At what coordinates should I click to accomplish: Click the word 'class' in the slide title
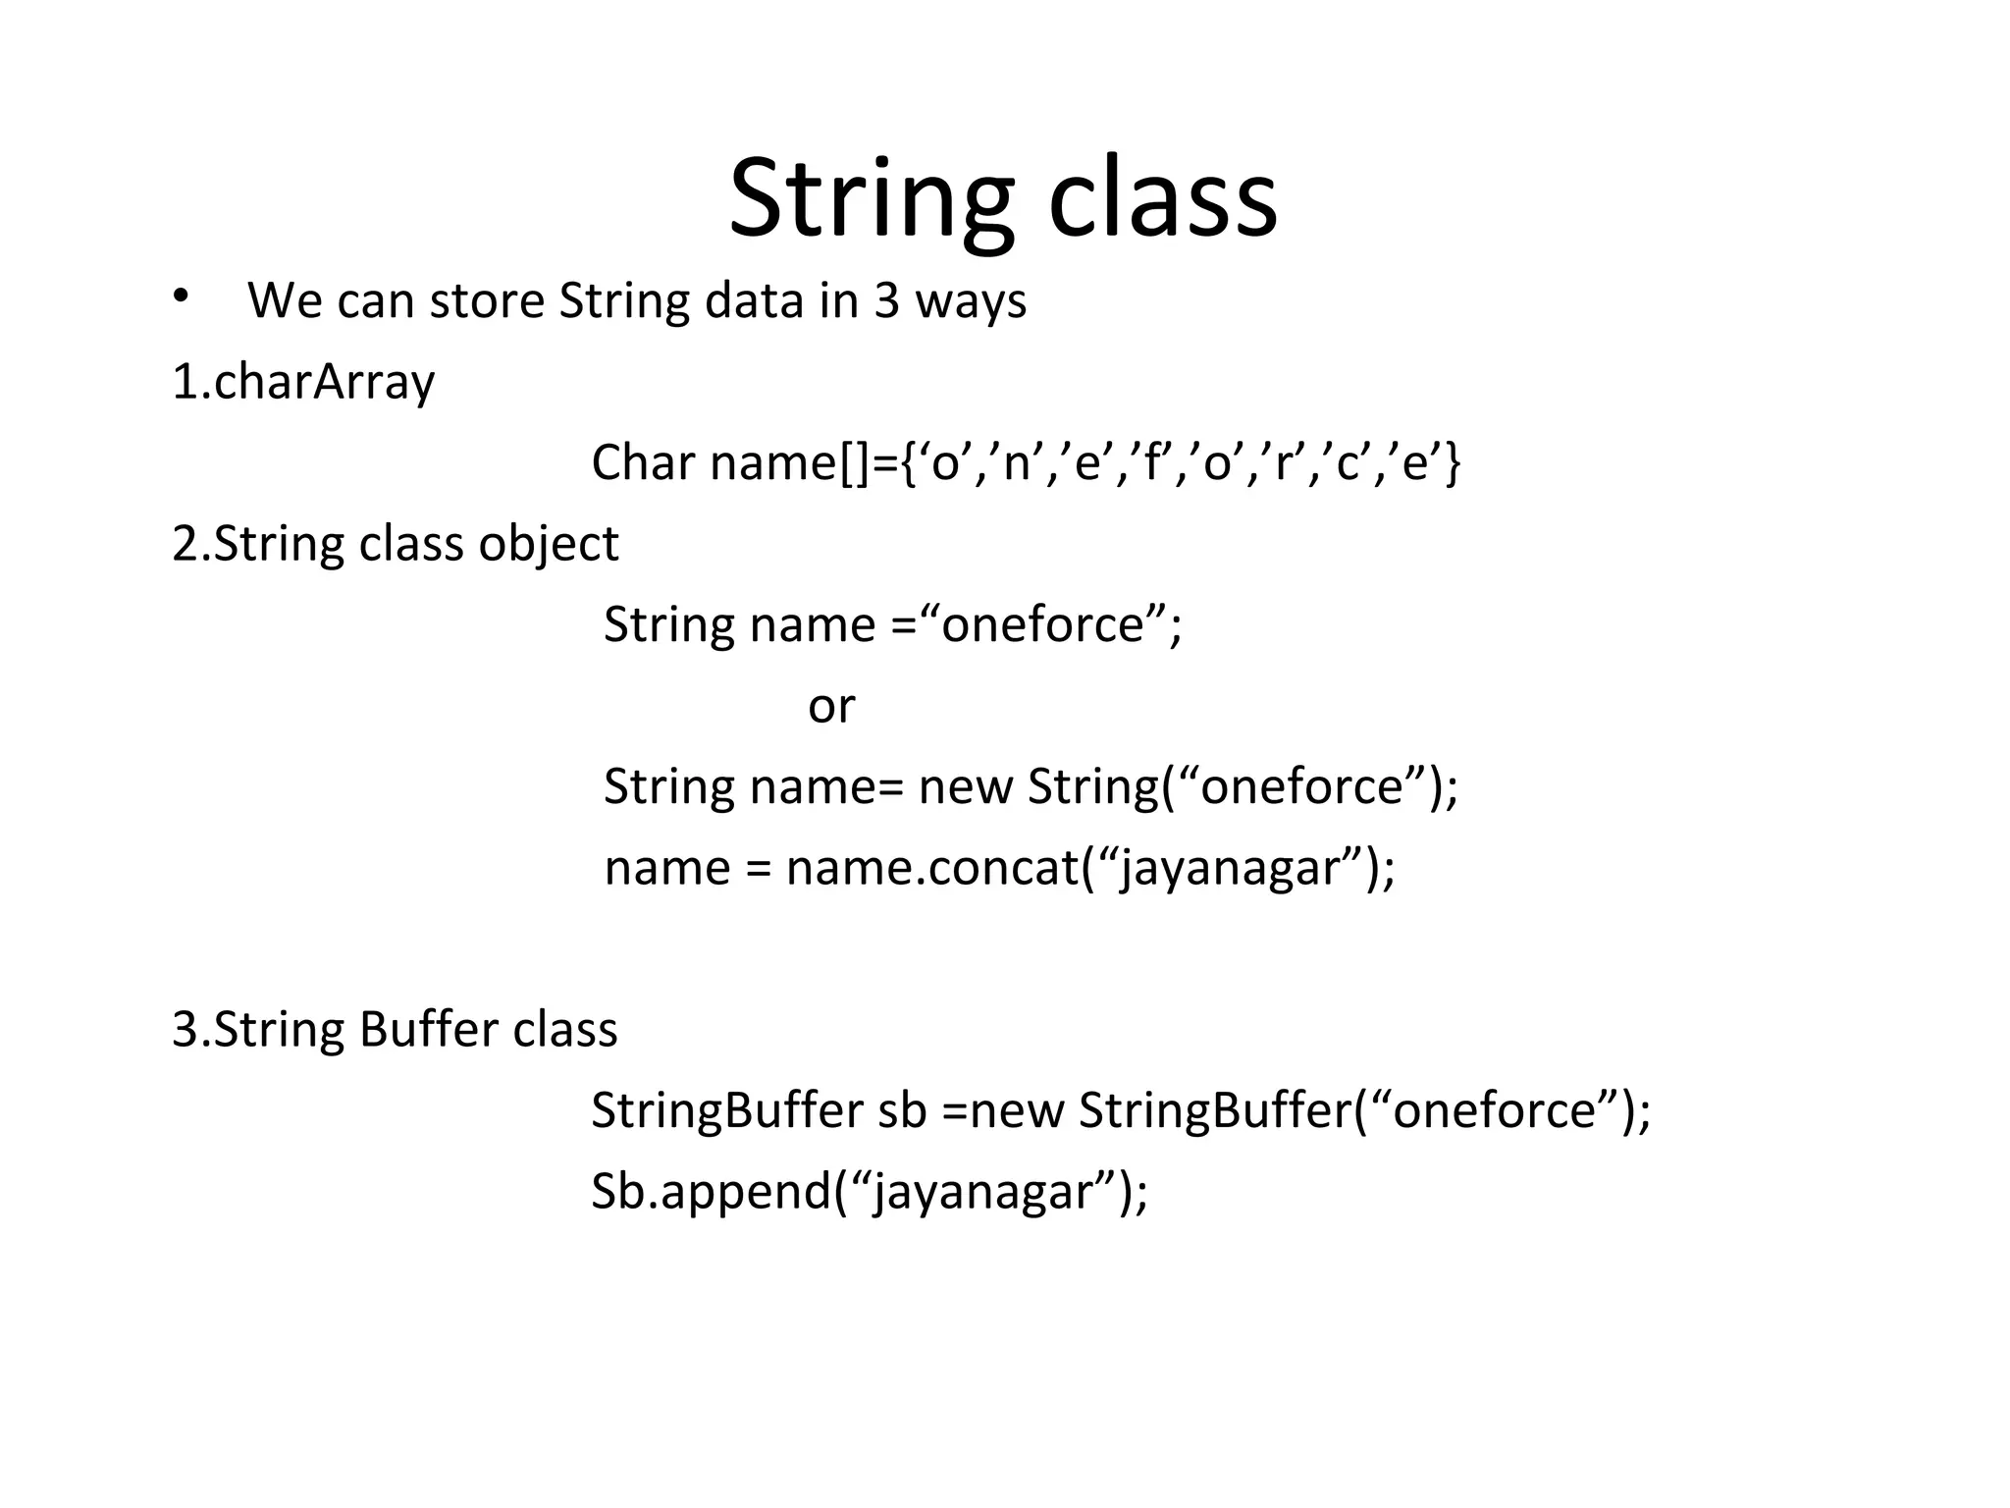(x=1162, y=201)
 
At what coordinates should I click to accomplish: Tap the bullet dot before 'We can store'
(x=179, y=296)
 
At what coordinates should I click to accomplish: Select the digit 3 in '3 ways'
(x=886, y=300)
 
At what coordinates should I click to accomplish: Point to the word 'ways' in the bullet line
(x=971, y=302)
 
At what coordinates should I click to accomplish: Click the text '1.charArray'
(x=302, y=383)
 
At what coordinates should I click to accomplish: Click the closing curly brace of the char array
(x=1454, y=462)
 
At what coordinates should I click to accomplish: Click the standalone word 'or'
(x=831, y=707)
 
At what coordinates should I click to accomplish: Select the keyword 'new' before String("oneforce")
(x=965, y=787)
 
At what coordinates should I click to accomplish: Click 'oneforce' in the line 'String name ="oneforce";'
(x=1042, y=625)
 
